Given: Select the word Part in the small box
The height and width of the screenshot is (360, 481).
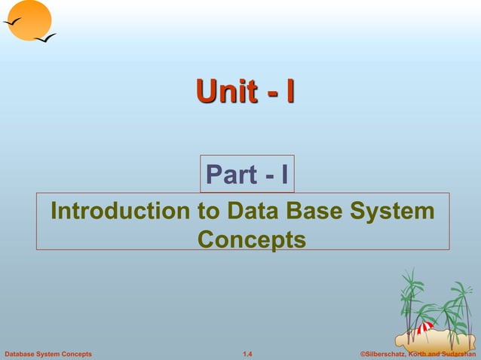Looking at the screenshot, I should point(232,175).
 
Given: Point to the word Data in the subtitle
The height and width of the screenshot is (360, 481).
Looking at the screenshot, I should point(249,211).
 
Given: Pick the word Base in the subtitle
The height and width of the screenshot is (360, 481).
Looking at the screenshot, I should point(318,211).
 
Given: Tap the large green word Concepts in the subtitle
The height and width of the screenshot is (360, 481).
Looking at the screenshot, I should point(251,239).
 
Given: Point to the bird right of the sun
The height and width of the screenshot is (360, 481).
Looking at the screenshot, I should point(45,37).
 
